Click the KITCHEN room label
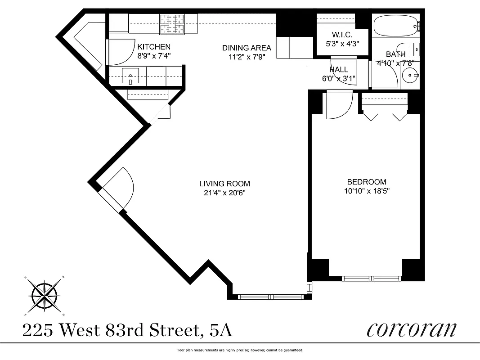point(154,47)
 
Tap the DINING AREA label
point(247,48)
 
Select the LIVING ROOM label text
point(224,184)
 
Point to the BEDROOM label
point(366,182)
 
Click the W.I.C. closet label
point(342,35)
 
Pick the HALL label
point(338,69)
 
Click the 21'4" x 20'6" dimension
point(224,193)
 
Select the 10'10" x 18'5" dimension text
point(366,191)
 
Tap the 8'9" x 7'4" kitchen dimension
point(154,56)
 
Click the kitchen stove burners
point(172,24)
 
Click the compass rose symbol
point(45,295)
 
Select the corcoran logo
point(411,329)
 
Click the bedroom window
point(372,278)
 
